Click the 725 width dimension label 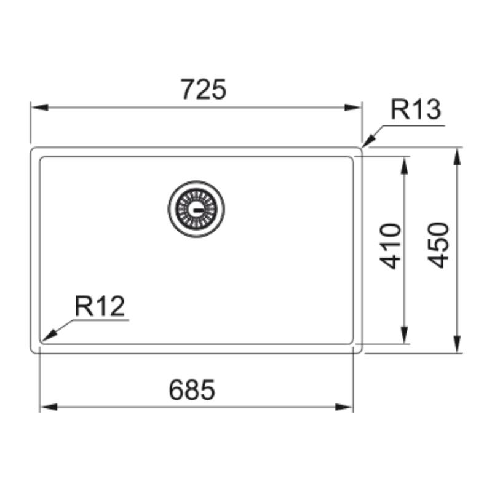[x=204, y=89]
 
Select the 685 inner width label [x=192, y=390]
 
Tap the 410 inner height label [x=391, y=247]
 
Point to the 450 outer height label [x=438, y=245]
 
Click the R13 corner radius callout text [x=416, y=109]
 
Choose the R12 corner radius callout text [x=100, y=306]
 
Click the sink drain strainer [x=196, y=208]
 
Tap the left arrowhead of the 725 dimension [x=40, y=108]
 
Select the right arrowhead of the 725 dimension [x=352, y=108]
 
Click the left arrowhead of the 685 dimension [x=49, y=407]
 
